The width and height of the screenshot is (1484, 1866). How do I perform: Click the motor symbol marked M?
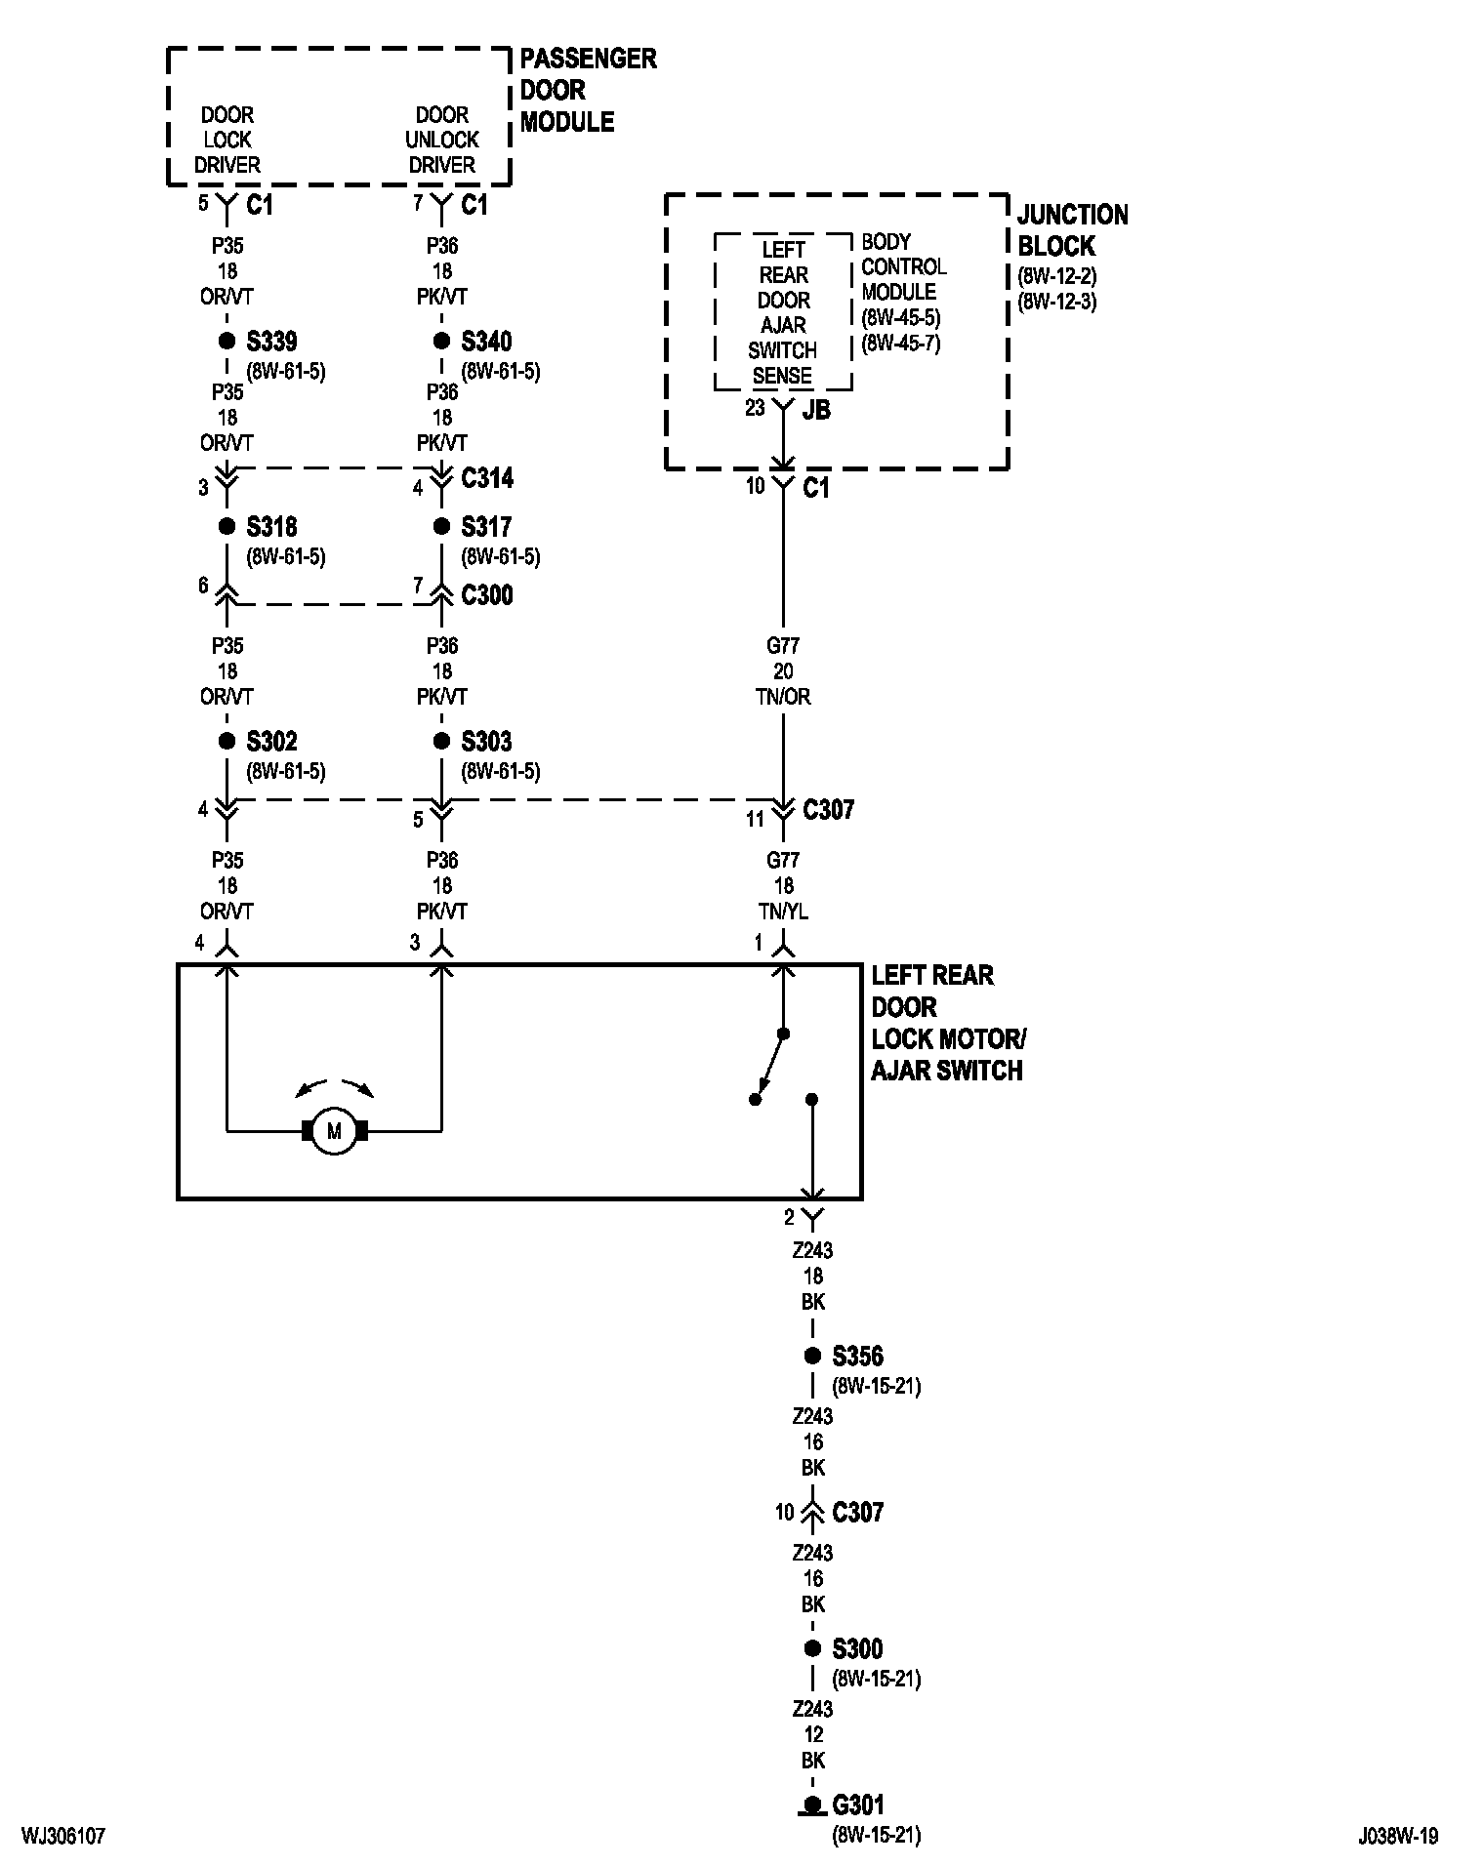click(334, 1131)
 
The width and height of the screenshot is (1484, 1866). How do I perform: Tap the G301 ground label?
click(858, 1805)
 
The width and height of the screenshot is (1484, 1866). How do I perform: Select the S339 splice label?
click(271, 342)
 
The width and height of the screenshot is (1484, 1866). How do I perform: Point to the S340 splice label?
click(486, 342)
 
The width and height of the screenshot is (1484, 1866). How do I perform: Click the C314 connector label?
click(487, 478)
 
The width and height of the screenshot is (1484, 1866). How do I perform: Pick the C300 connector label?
click(487, 595)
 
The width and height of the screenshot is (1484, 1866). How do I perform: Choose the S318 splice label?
click(271, 527)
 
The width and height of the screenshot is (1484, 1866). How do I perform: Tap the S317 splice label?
click(486, 527)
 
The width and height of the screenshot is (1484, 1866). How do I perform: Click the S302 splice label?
click(271, 742)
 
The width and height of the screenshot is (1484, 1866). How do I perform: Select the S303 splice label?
click(486, 742)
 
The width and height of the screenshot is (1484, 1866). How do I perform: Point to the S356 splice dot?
click(812, 1356)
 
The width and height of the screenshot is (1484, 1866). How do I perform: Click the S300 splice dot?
click(812, 1648)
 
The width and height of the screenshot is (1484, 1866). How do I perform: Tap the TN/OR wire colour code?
click(783, 697)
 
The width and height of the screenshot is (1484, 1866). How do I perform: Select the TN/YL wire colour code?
click(783, 912)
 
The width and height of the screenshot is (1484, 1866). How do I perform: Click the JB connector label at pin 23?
click(816, 410)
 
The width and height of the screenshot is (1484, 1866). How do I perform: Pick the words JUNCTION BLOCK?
click(1072, 230)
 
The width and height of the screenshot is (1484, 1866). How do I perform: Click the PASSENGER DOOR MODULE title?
click(588, 90)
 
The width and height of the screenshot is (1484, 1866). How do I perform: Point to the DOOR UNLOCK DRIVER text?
click(442, 140)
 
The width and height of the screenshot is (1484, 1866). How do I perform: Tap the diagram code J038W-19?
click(1397, 1836)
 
